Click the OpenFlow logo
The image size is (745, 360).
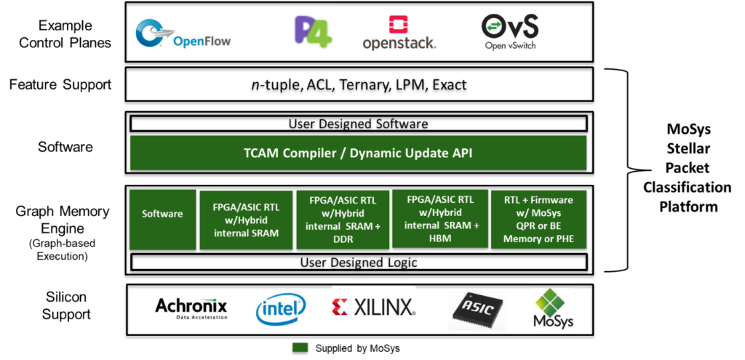point(183,35)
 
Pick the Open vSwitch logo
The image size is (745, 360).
point(510,32)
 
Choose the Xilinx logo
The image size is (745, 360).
point(373,308)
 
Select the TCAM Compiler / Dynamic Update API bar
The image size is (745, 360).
point(358,153)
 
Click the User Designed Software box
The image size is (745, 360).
point(359,124)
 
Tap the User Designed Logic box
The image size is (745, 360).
point(359,262)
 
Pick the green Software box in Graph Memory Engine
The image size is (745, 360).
point(162,220)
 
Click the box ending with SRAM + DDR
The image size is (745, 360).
point(343,220)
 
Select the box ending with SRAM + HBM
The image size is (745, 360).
point(439,218)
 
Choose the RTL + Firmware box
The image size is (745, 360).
point(538,220)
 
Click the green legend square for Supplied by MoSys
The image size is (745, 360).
point(300,348)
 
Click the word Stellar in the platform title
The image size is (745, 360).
point(687,148)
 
